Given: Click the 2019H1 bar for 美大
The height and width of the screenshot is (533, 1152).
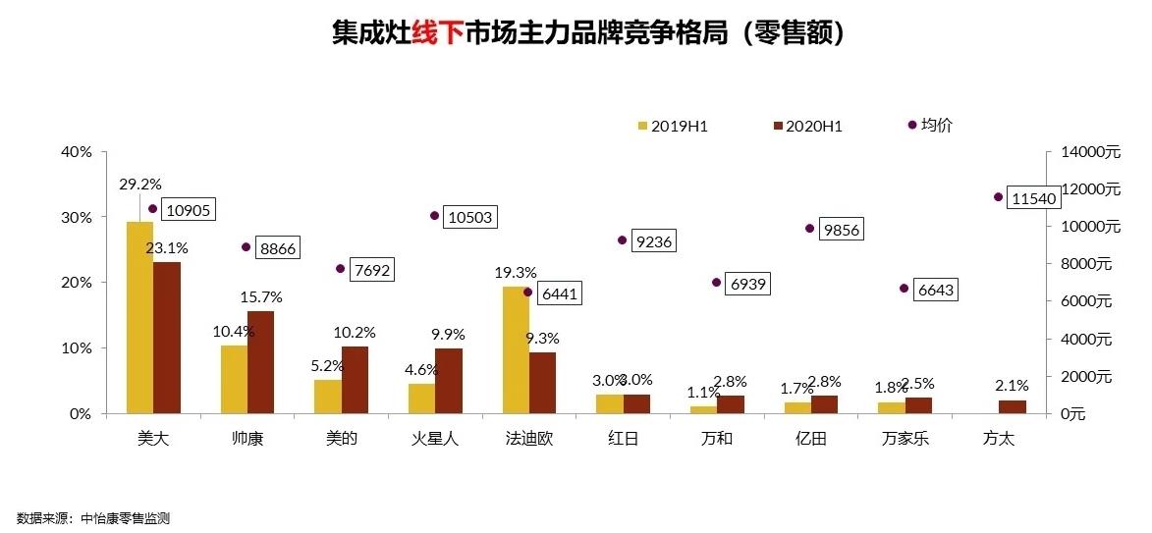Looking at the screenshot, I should click(x=139, y=317).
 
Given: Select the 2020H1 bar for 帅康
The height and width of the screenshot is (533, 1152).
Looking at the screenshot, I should click(x=260, y=361).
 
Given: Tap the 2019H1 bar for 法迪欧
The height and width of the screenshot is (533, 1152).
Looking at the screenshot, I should click(x=516, y=349).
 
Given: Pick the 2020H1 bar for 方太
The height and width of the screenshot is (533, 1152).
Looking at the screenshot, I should click(x=1012, y=406).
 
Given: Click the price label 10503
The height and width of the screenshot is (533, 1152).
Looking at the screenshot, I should click(x=468, y=217).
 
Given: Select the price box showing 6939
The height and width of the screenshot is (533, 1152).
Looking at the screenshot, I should click(x=748, y=284).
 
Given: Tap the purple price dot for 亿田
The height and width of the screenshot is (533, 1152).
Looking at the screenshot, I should click(x=810, y=229).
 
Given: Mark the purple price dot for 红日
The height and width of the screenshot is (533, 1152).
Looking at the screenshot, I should click(x=622, y=240).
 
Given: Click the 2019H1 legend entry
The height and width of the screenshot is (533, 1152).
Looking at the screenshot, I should click(x=672, y=126).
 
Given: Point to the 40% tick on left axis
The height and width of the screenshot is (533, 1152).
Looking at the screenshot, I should click(x=76, y=152).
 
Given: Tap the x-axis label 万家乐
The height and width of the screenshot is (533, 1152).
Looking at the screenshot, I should click(x=905, y=439).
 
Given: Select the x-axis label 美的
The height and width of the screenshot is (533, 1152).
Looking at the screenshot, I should click(x=341, y=439).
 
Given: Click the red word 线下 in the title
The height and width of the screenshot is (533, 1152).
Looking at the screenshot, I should click(x=437, y=33).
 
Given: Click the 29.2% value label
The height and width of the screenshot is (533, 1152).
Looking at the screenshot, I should click(x=140, y=184).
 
